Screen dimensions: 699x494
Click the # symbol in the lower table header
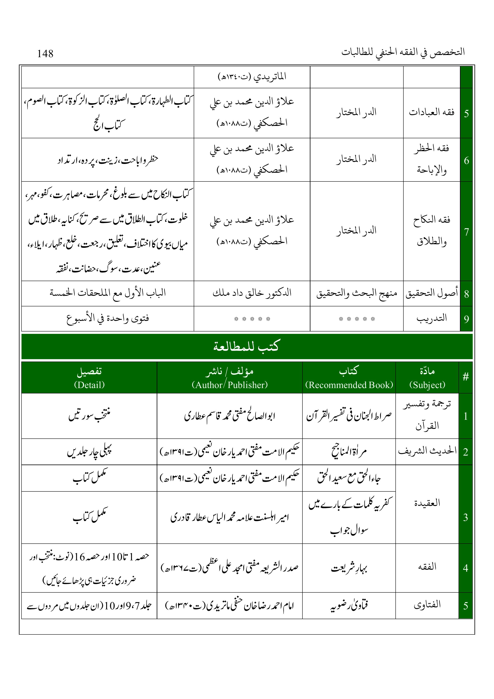point(465,377)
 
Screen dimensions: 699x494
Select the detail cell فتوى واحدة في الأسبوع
point(108,319)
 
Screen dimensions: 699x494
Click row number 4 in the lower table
point(465,568)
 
